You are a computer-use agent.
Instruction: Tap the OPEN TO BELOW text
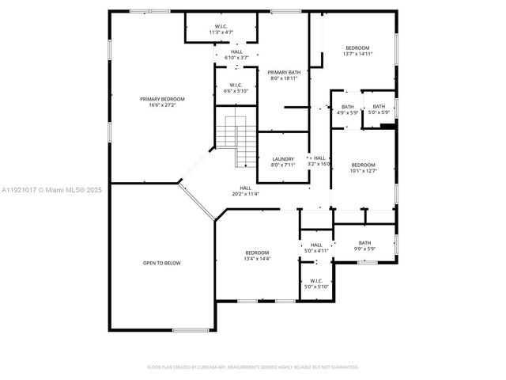tap(161, 262)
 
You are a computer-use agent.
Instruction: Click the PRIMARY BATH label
tap(283, 72)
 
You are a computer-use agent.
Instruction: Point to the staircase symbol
tap(237, 138)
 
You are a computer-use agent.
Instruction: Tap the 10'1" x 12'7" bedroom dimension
tap(363, 170)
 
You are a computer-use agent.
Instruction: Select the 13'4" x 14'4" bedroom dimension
tap(257, 259)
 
